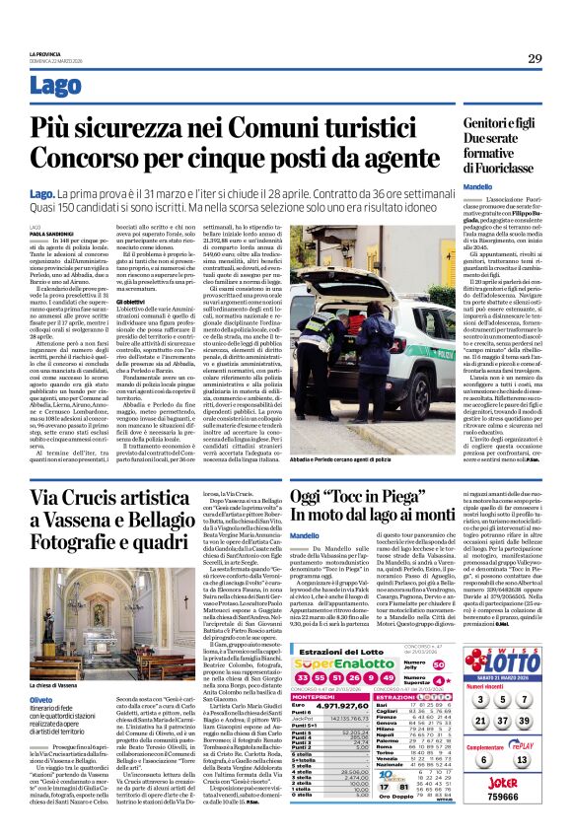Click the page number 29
(x=535, y=57)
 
